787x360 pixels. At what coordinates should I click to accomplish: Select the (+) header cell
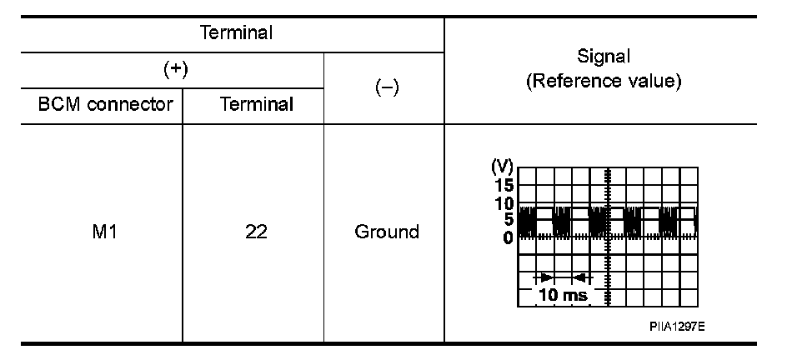coord(174,70)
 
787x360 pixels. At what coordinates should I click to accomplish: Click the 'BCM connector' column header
coord(106,105)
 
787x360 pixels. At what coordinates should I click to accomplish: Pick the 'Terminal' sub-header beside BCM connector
coord(256,105)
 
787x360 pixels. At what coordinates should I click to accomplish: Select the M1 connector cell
coord(106,232)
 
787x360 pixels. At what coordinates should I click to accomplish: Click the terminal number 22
coord(256,232)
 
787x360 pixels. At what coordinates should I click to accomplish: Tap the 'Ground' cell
coord(386,232)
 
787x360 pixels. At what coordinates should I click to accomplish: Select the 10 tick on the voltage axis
coord(504,202)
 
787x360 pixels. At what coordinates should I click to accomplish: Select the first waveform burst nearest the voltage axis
coord(525,222)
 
